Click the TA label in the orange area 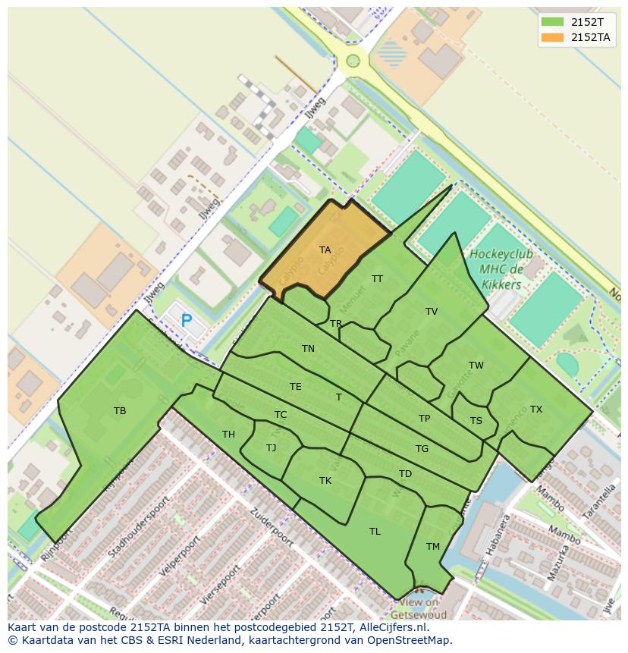tap(325, 250)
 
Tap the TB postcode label tap(120, 411)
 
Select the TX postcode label tap(536, 410)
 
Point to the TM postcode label tap(433, 547)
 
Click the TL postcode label tap(375, 532)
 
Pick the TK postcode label tap(325, 481)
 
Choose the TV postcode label tap(432, 312)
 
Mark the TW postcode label tap(476, 366)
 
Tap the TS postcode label tap(476, 422)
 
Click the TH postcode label tap(228, 435)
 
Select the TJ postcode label tap(272, 448)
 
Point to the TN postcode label tap(308, 349)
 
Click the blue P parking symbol tap(187, 321)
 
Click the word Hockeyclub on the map tap(501, 255)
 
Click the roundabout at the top tap(353, 61)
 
